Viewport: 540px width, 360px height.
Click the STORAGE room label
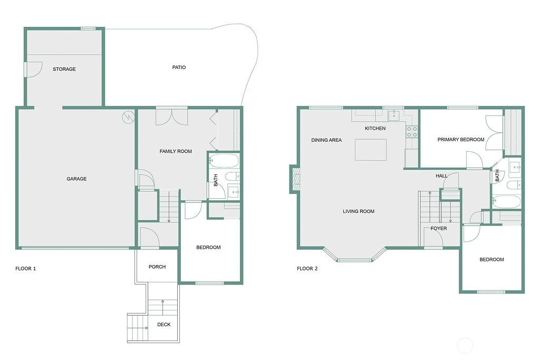pos(64,69)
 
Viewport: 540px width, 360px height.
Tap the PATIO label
pos(179,67)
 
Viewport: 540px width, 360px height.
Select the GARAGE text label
pos(76,179)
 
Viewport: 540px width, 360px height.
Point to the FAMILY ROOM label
pos(176,151)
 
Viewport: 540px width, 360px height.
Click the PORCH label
pos(157,267)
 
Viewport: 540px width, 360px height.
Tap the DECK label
pos(163,324)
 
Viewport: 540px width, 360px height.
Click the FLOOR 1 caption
pos(25,268)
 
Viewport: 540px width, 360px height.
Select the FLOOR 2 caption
pos(307,268)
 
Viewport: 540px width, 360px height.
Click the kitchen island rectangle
pos(371,150)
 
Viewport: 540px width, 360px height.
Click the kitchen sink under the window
pos(393,115)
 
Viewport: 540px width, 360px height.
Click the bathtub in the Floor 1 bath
pos(224,161)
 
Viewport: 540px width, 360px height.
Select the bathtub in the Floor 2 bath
pos(506,202)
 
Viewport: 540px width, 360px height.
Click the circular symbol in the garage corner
pos(128,118)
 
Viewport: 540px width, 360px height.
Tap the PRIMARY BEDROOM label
pos(461,139)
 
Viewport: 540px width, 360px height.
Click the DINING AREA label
pos(326,140)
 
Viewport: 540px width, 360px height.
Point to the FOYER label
pos(438,228)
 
